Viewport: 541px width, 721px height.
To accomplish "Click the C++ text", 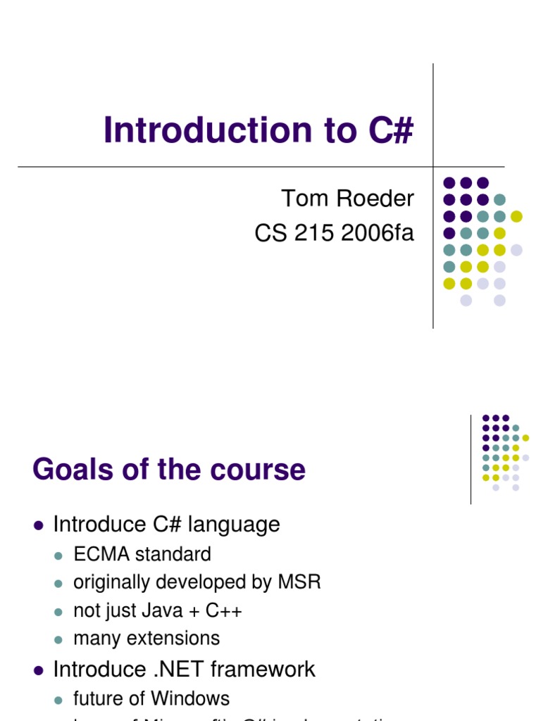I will (x=224, y=611).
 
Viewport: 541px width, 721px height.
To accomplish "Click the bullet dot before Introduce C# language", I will (x=39, y=525).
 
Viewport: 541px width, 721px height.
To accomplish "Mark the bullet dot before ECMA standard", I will (x=59, y=556).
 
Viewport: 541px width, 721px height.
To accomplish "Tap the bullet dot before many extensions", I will (x=59, y=639).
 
